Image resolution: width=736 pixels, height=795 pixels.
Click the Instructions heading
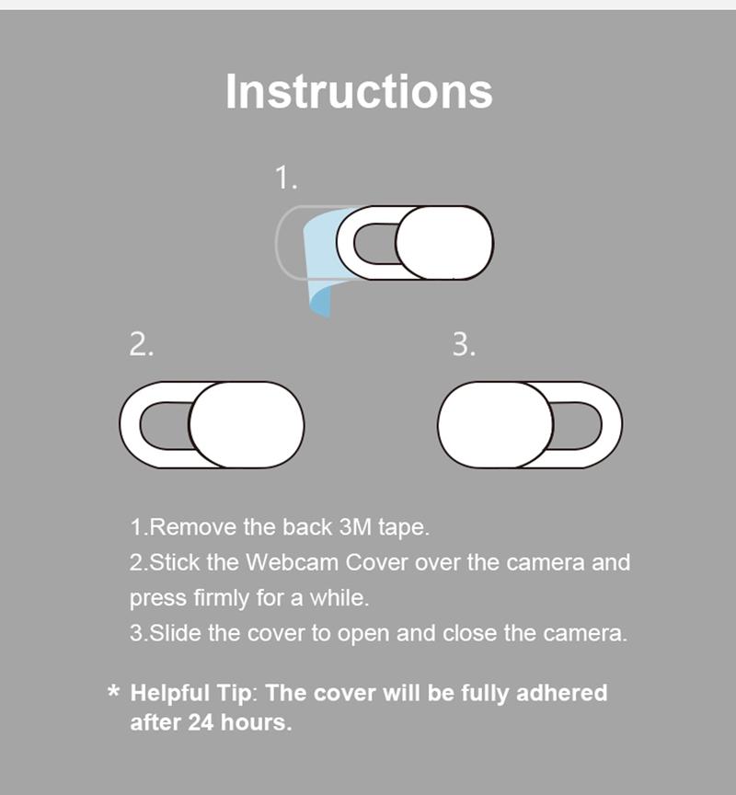359,91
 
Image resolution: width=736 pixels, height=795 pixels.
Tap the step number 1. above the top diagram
286,177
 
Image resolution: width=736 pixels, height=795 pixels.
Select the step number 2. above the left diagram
140,344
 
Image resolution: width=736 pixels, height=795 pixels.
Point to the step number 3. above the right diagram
464,344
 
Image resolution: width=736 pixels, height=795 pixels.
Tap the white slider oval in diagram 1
444,243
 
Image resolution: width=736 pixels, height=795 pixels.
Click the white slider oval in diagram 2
247,424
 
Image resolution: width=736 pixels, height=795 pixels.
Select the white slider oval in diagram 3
496,424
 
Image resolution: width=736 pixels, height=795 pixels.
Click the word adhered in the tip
563,692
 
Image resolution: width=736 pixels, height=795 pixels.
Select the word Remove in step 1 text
193,528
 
